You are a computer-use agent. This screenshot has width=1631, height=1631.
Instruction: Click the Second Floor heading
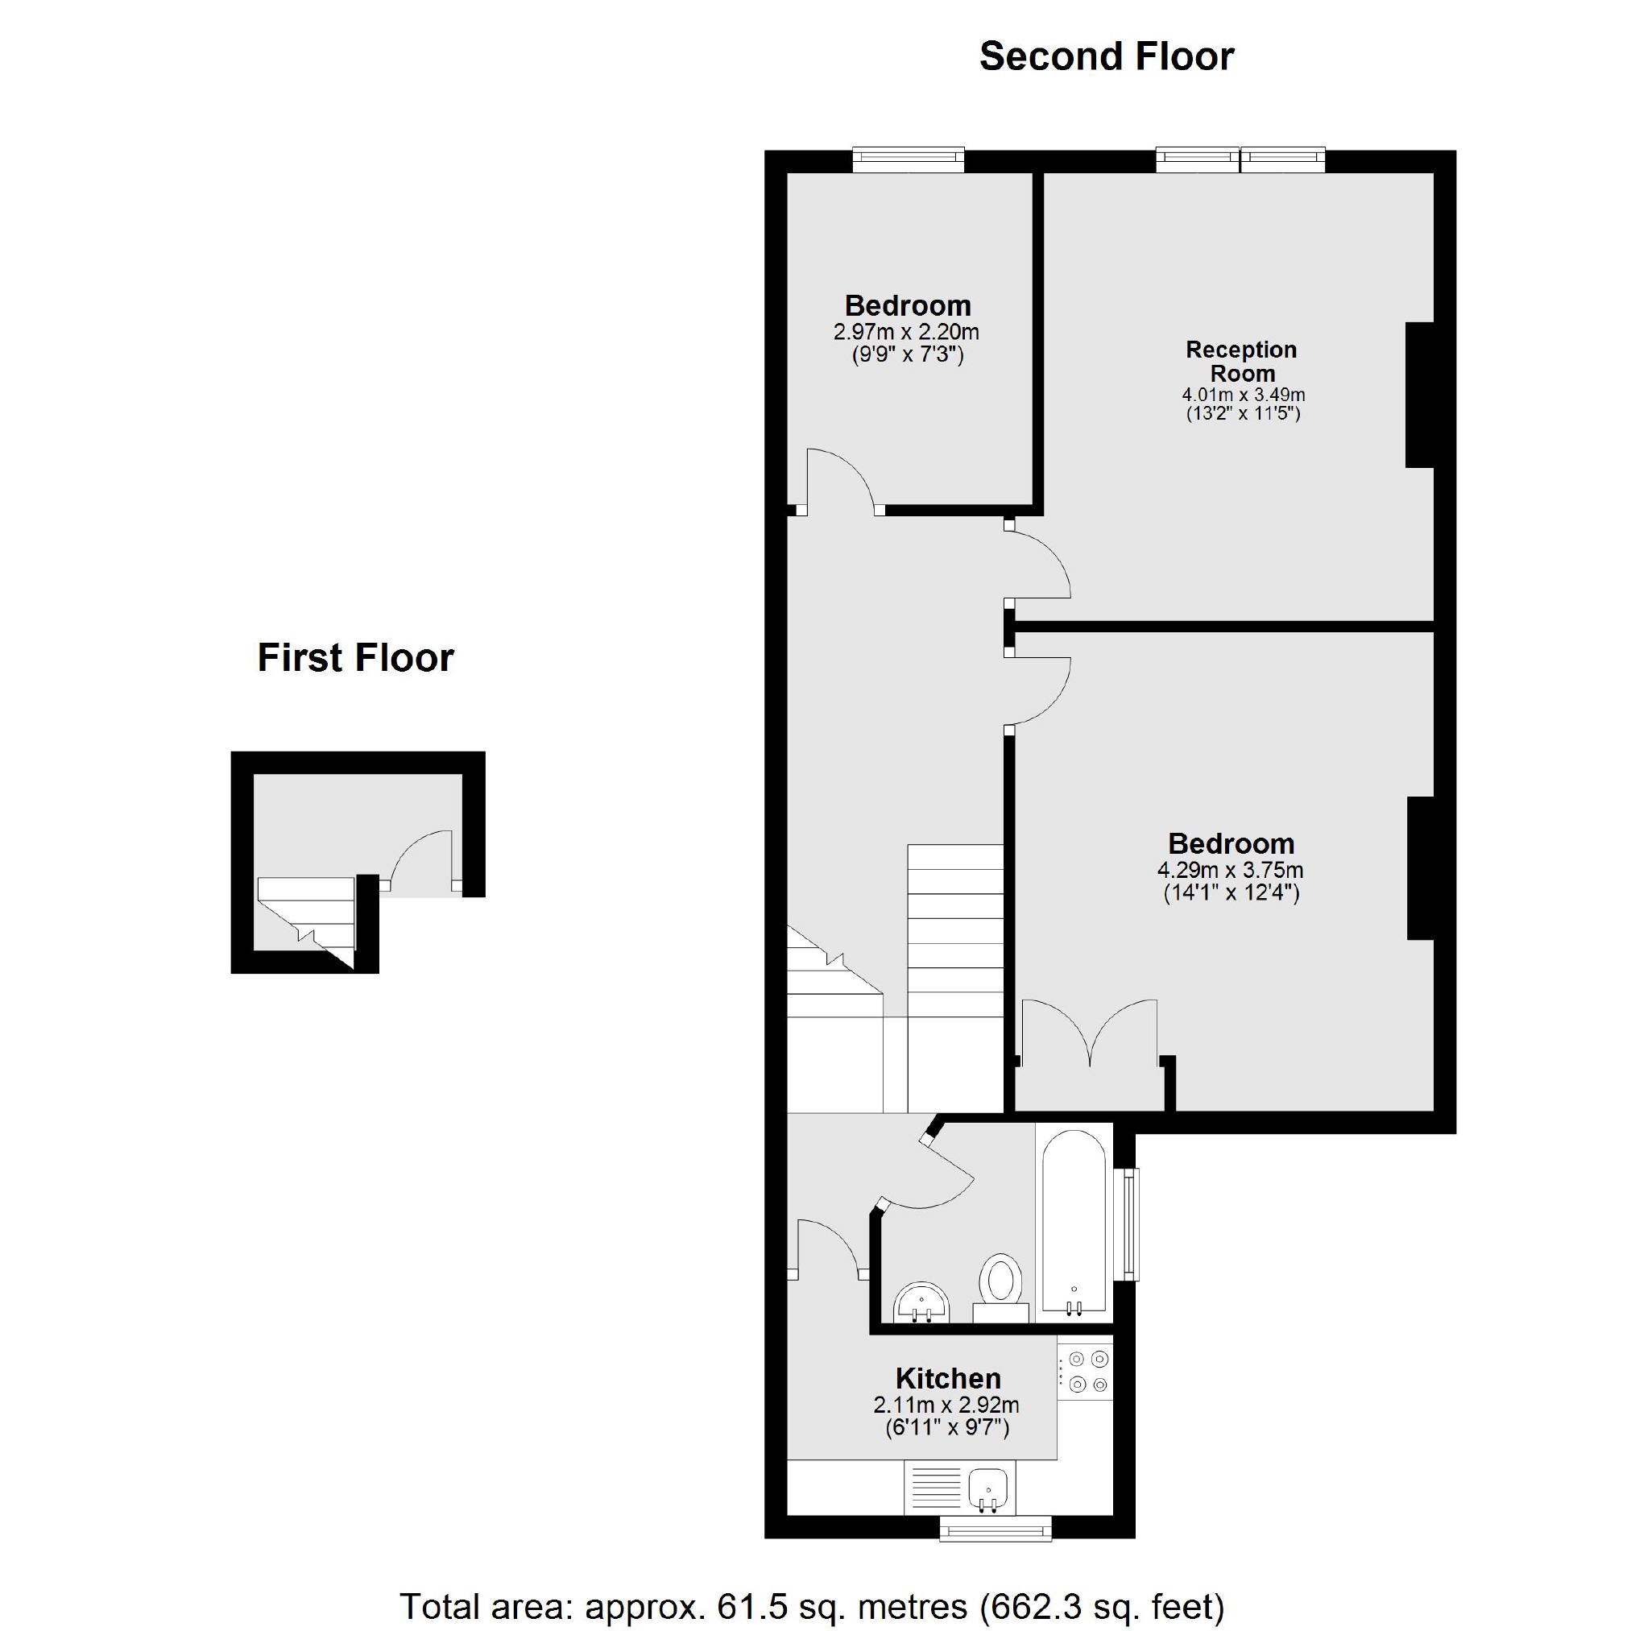[x=1106, y=57]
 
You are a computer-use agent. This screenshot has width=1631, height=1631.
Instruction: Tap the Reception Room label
[x=1241, y=362]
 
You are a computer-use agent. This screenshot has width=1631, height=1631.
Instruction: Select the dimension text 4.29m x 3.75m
[x=1230, y=871]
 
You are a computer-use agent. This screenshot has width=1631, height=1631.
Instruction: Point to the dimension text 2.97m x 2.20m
[x=906, y=332]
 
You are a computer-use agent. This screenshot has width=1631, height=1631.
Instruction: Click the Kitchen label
[x=948, y=1379]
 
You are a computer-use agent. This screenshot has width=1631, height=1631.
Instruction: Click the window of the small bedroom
[x=908, y=159]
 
